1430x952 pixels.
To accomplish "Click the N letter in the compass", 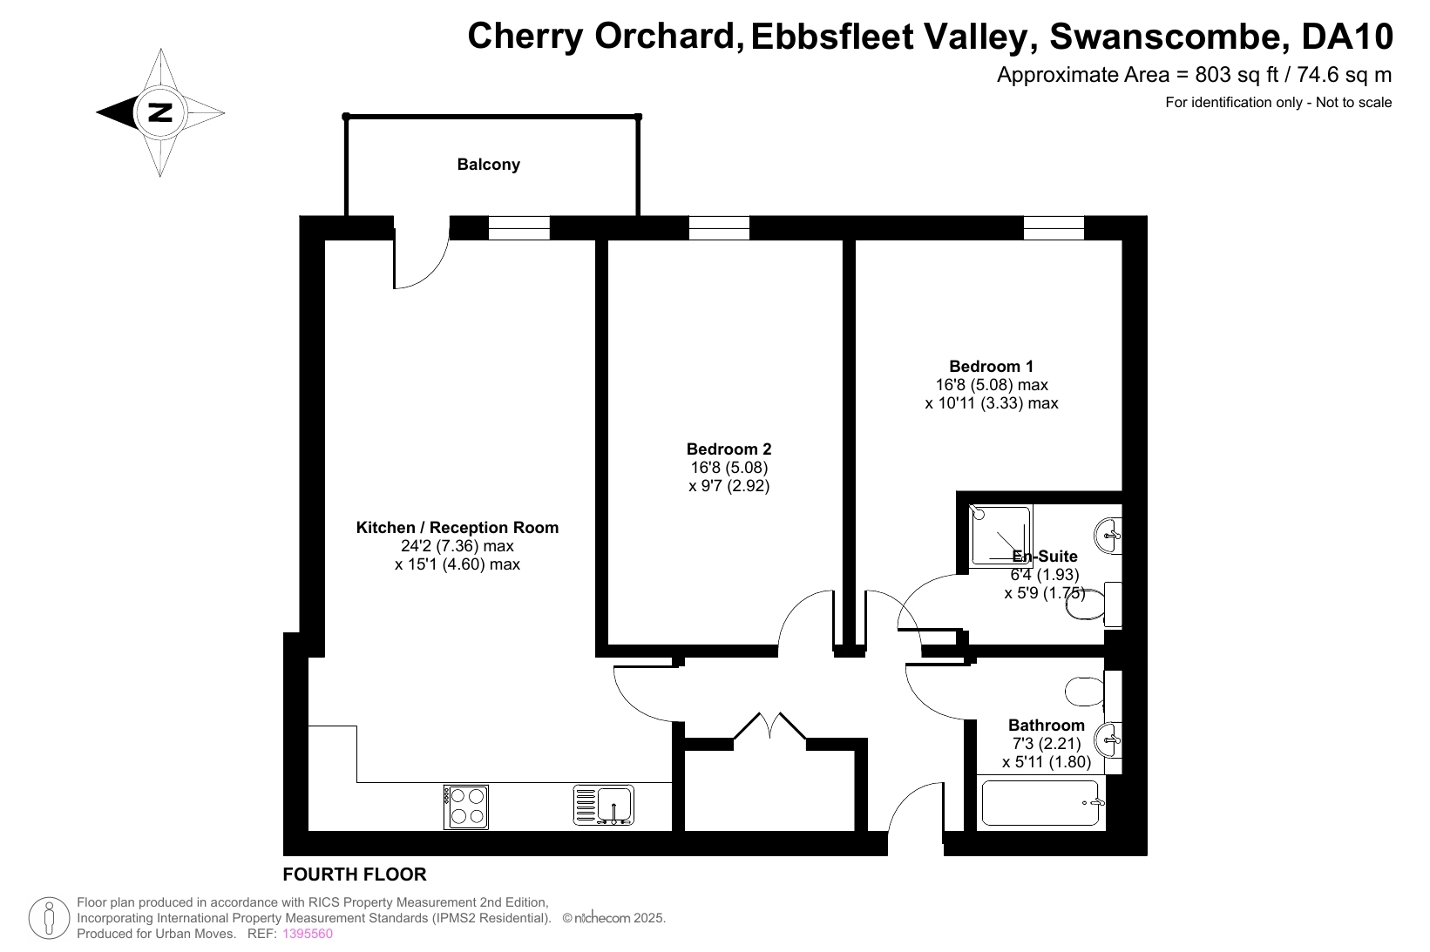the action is [159, 112].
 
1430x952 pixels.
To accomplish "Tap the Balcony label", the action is [488, 165].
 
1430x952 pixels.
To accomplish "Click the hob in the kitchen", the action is [466, 807].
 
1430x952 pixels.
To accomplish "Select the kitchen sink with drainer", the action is [603, 805].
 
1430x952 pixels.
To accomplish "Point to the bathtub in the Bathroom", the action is [1040, 803].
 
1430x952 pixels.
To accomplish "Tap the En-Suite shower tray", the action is [1000, 537].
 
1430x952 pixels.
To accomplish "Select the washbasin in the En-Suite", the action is [1108, 536].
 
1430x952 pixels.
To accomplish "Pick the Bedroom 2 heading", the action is [729, 449].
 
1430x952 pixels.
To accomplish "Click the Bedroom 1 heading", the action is [991, 366].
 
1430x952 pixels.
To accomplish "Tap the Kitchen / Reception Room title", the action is [457, 528].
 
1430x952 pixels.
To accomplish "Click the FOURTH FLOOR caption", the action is [355, 874].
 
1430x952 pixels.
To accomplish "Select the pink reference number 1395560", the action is [308, 934].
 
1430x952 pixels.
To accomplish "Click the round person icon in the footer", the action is [49, 918].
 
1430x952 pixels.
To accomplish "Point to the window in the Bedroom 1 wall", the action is [1054, 228].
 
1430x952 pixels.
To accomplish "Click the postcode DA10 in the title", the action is [1347, 37].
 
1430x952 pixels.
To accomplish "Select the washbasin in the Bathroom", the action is [1108, 740].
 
